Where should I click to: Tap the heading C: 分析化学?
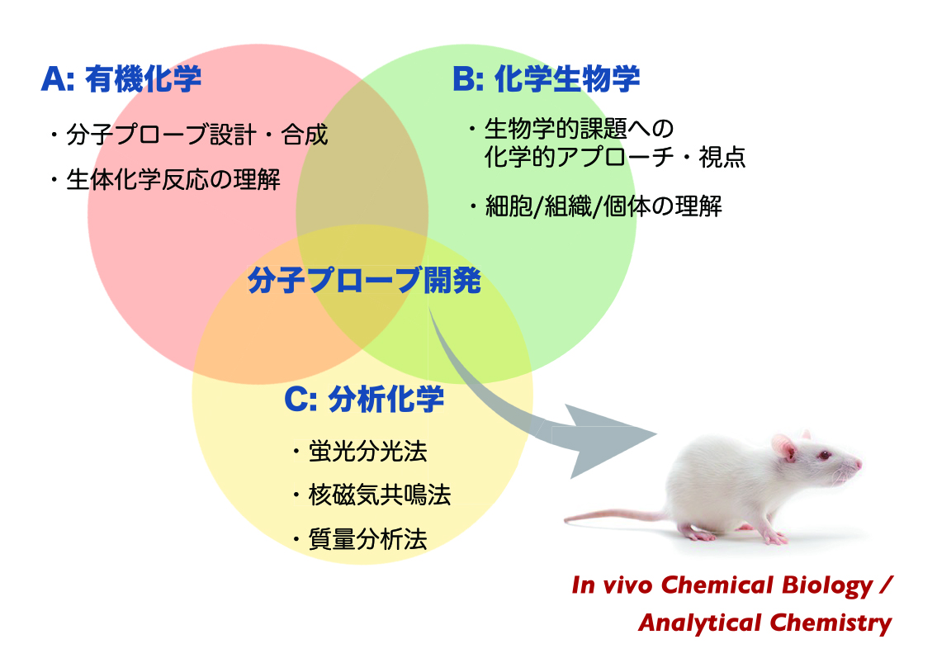coord(364,400)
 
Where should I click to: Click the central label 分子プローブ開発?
coord(364,282)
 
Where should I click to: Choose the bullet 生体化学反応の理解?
coord(173,179)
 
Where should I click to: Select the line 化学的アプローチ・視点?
coord(615,158)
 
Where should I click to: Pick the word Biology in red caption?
coord(818,586)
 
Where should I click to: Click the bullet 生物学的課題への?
coord(580,130)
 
